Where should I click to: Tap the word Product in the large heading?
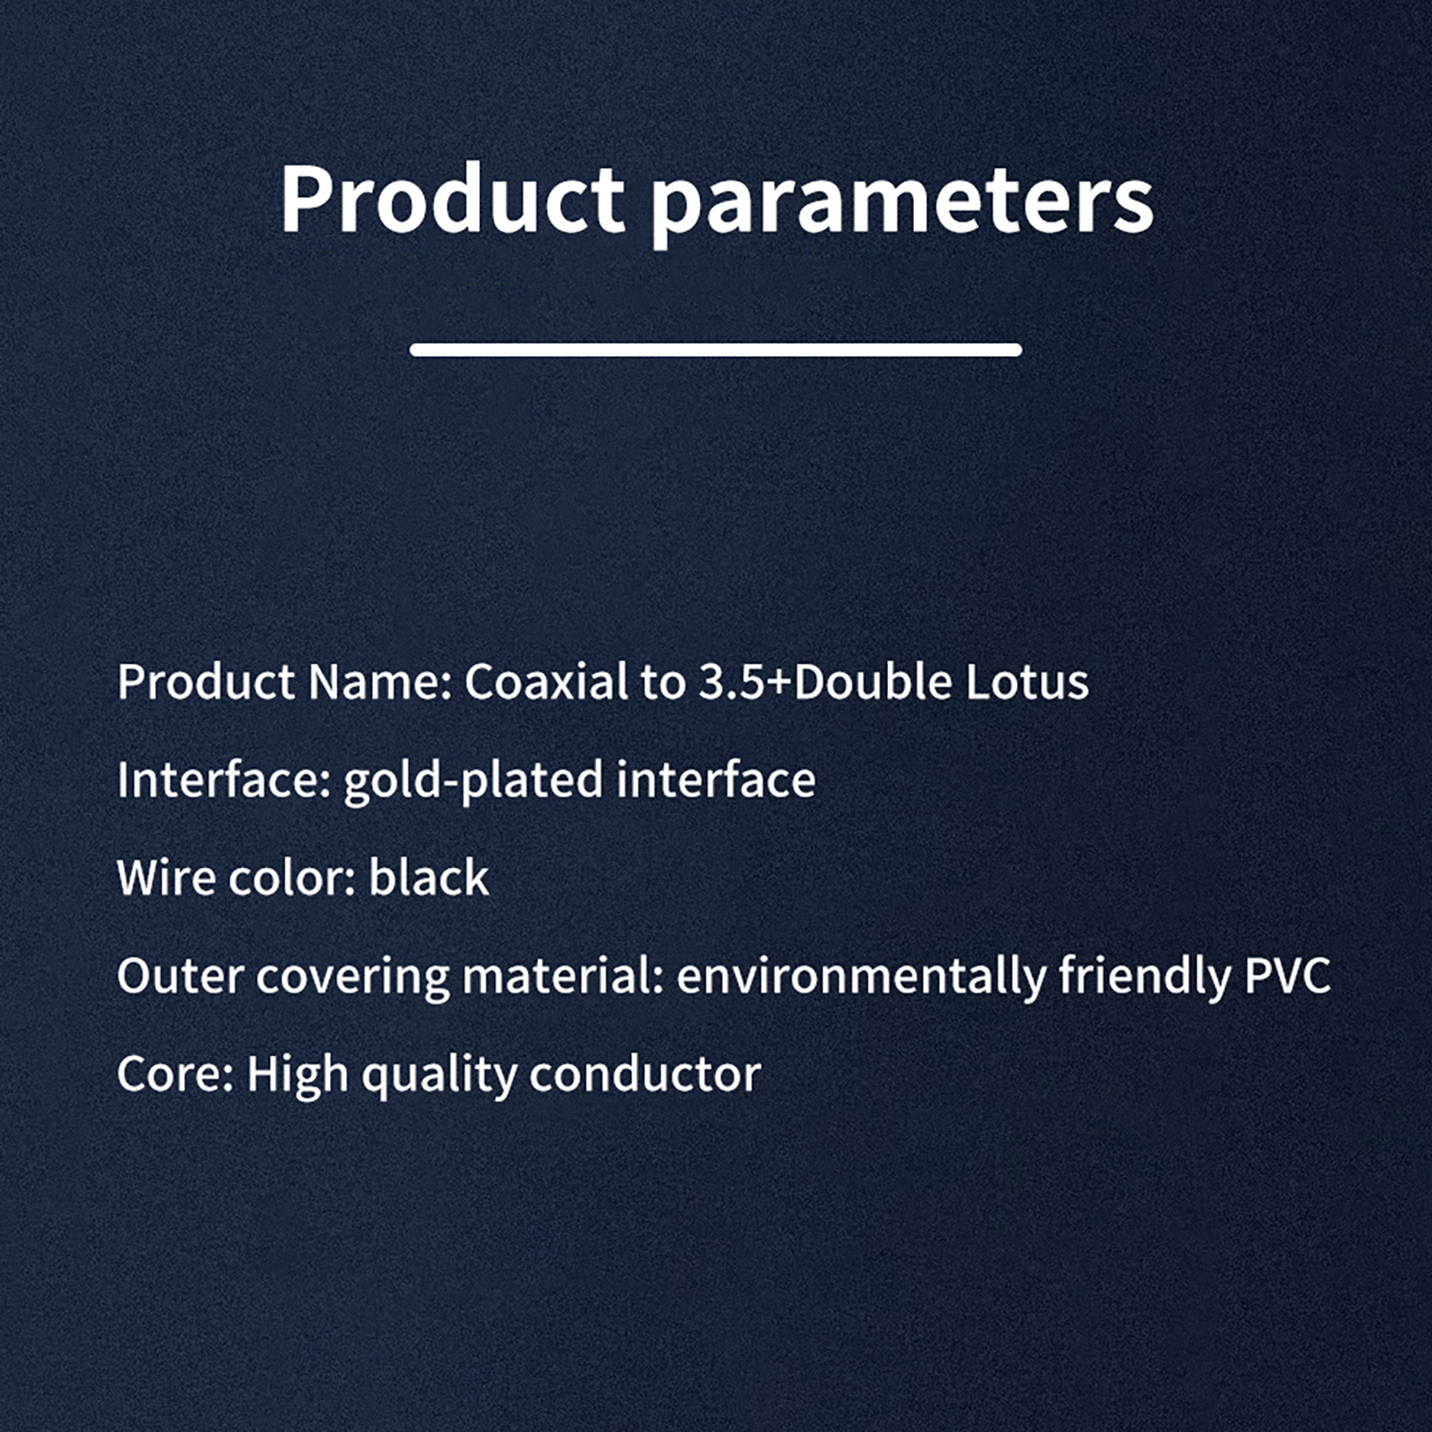pyautogui.click(x=451, y=198)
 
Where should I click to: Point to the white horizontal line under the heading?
pyautogui.click(x=716, y=350)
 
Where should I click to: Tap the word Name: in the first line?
pyautogui.click(x=379, y=682)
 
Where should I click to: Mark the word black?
pyautogui.click(x=429, y=877)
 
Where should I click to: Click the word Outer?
pyautogui.click(x=180, y=976)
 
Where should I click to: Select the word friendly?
pyautogui.click(x=1145, y=977)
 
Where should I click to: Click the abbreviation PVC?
pyautogui.click(x=1287, y=976)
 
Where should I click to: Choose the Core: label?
pyautogui.click(x=175, y=1074)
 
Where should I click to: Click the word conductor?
pyautogui.click(x=644, y=1074)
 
